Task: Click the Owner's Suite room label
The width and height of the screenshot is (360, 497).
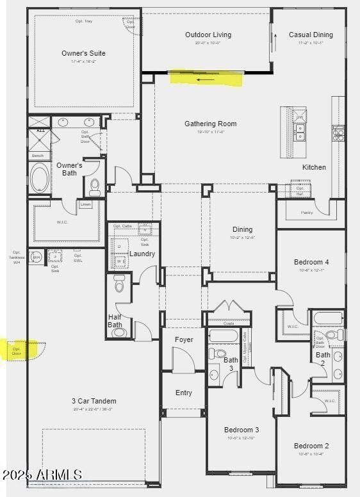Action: click(83, 53)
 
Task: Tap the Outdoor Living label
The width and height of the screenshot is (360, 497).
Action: click(208, 35)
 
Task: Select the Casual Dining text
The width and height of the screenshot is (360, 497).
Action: click(311, 35)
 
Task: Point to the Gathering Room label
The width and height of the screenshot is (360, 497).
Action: click(210, 124)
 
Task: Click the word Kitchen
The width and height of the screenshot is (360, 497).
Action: click(314, 167)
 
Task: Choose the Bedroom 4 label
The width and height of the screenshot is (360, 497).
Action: click(311, 262)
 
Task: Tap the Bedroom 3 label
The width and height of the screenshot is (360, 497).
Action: click(241, 430)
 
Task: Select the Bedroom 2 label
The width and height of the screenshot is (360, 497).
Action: click(311, 446)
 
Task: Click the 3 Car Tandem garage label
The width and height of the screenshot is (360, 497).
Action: click(94, 401)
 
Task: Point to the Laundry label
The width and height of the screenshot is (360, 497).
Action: click(142, 254)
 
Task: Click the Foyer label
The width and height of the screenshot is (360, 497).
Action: click(183, 339)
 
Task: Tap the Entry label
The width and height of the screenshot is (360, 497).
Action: click(183, 393)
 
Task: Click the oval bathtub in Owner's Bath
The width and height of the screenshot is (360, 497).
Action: click(39, 179)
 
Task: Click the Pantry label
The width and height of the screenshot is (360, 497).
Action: click(307, 213)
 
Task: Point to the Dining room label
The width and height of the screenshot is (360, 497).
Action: click(242, 229)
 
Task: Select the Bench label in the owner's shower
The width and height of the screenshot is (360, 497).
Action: click(38, 156)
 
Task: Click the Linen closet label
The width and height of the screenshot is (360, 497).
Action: click(85, 204)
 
